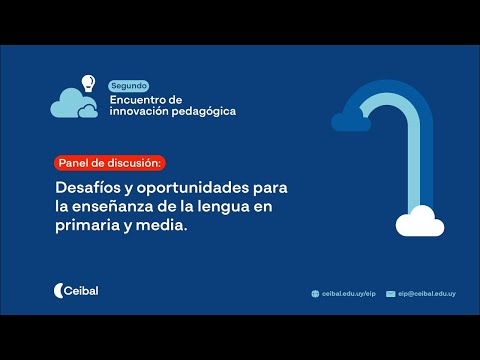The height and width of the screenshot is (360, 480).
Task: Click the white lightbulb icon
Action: click(x=88, y=83)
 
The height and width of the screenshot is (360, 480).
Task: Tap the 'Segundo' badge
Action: click(x=128, y=87)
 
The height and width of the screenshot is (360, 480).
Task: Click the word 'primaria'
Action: click(x=88, y=226)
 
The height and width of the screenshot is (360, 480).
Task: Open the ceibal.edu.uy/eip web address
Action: click(x=349, y=294)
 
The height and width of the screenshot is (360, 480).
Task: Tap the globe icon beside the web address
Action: click(x=316, y=294)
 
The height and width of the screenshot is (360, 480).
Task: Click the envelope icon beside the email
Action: click(x=391, y=294)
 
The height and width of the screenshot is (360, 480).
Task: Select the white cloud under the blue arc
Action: click(x=418, y=223)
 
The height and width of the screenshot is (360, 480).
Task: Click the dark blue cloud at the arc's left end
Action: click(x=351, y=121)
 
